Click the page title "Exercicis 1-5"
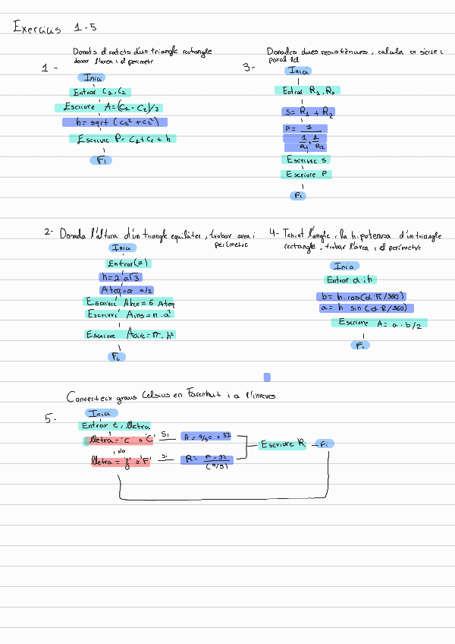(x=55, y=29)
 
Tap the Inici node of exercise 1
(x=93, y=77)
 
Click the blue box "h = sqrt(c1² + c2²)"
(x=115, y=122)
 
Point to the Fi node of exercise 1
(x=103, y=159)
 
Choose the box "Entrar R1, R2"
(x=306, y=91)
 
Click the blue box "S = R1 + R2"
(x=307, y=112)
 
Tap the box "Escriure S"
(x=306, y=159)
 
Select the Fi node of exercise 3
(x=298, y=195)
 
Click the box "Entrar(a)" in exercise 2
(x=130, y=264)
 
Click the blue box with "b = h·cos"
(x=362, y=296)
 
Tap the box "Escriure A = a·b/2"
(x=378, y=323)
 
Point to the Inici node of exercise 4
(x=344, y=266)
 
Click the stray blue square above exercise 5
(x=267, y=377)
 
